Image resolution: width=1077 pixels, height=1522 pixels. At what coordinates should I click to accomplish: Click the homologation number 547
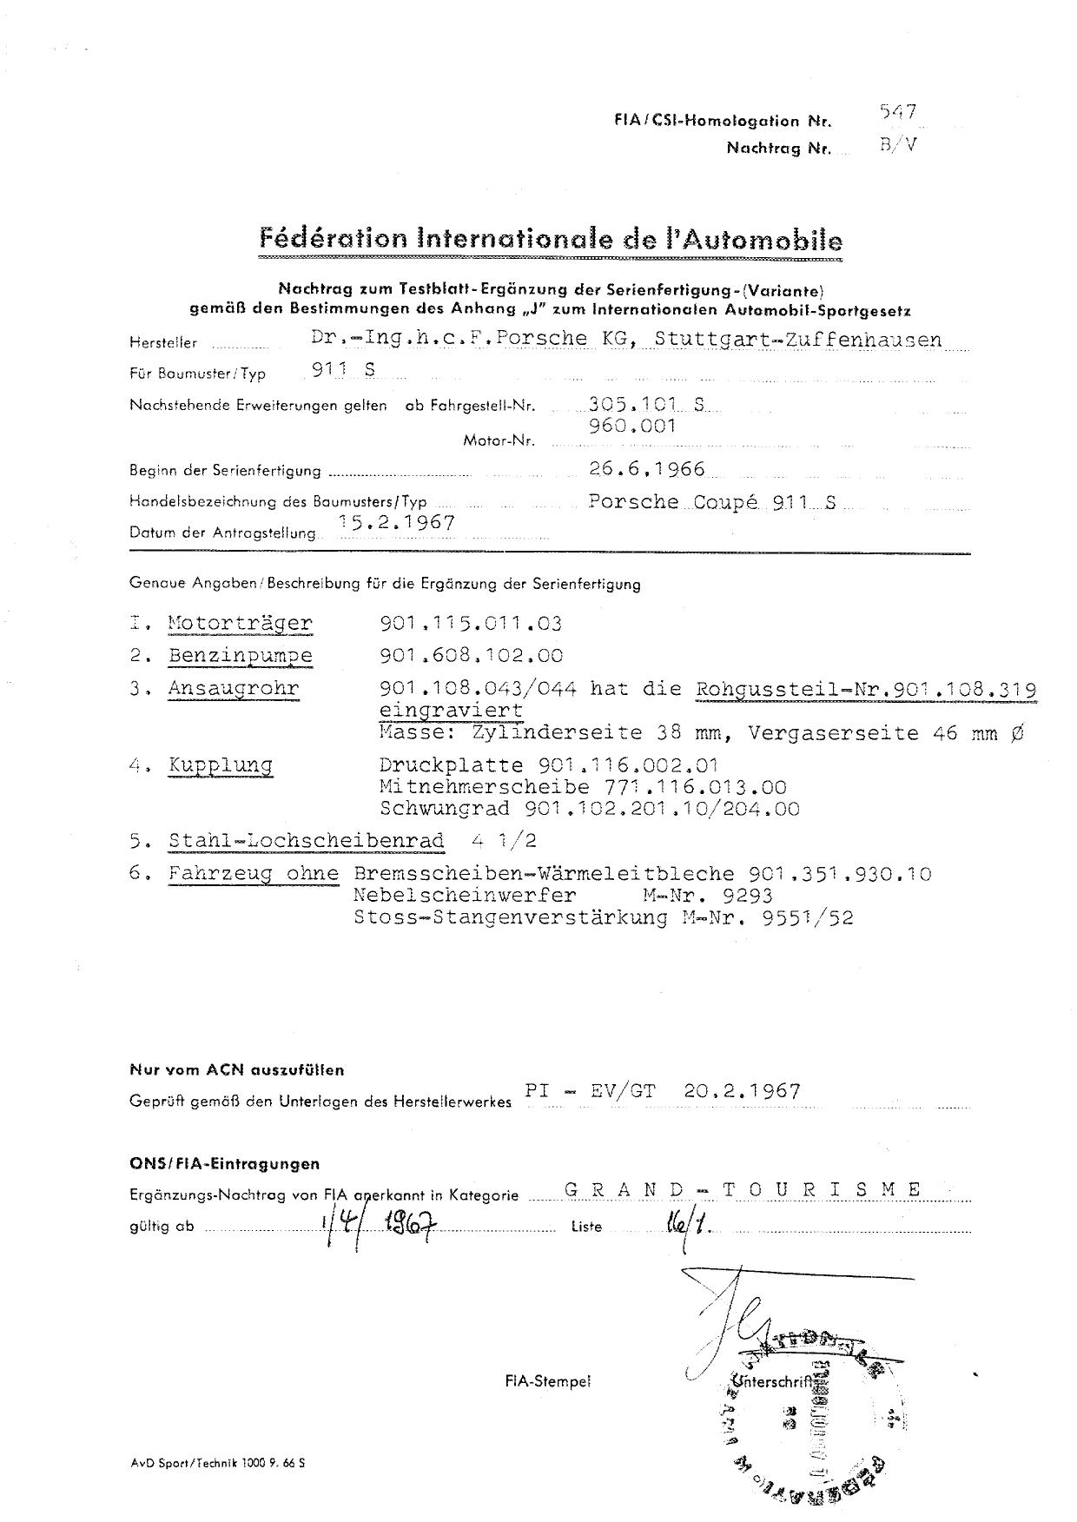click(x=898, y=112)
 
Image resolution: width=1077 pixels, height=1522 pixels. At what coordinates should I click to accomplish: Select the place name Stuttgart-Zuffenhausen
click(x=798, y=340)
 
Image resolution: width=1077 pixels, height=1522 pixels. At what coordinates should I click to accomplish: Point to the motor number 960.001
click(x=631, y=427)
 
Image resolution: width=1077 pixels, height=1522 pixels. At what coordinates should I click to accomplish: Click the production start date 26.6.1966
click(x=646, y=470)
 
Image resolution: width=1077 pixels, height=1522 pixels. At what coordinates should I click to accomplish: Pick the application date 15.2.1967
click(x=399, y=522)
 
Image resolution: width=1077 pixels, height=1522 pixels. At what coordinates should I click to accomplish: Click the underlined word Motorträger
click(x=240, y=623)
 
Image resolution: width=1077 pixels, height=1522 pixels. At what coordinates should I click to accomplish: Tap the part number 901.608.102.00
click(x=471, y=656)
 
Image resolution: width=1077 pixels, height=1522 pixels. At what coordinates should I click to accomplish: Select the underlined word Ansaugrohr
click(x=234, y=689)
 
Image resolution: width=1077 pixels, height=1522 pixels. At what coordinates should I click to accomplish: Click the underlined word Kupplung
click(x=221, y=765)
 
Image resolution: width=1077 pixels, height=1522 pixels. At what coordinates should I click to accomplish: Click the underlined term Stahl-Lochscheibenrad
click(x=307, y=841)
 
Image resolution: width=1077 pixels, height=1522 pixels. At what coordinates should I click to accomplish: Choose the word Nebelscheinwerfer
click(x=465, y=895)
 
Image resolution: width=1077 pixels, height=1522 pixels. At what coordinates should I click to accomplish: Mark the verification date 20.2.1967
click(x=742, y=1091)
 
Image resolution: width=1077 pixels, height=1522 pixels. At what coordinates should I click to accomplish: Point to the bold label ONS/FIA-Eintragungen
click(x=225, y=1163)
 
